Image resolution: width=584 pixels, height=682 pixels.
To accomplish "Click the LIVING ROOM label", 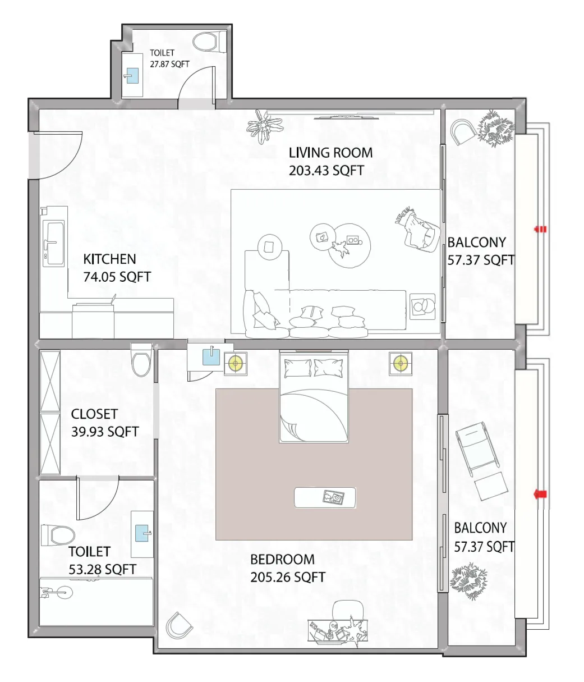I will click(330, 152).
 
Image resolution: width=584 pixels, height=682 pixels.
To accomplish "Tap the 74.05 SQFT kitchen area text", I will click(117, 277).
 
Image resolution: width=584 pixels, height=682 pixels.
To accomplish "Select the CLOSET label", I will click(94, 414).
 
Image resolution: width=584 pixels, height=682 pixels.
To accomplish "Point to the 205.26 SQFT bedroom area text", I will click(288, 576).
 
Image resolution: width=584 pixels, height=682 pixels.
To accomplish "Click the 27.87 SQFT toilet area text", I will click(169, 64).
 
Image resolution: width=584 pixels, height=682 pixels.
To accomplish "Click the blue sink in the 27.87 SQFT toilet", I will click(132, 76).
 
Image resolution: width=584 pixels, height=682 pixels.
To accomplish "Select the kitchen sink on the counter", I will click(54, 242).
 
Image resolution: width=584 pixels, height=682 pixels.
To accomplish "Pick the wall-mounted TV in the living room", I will click(346, 117).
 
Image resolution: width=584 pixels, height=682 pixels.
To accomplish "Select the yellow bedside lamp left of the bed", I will click(235, 364).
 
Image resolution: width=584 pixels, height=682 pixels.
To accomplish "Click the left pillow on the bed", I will click(297, 368).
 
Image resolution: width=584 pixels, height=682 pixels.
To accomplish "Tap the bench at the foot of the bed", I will click(325, 497).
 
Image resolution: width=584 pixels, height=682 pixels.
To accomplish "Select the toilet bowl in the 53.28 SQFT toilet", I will click(58, 534).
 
